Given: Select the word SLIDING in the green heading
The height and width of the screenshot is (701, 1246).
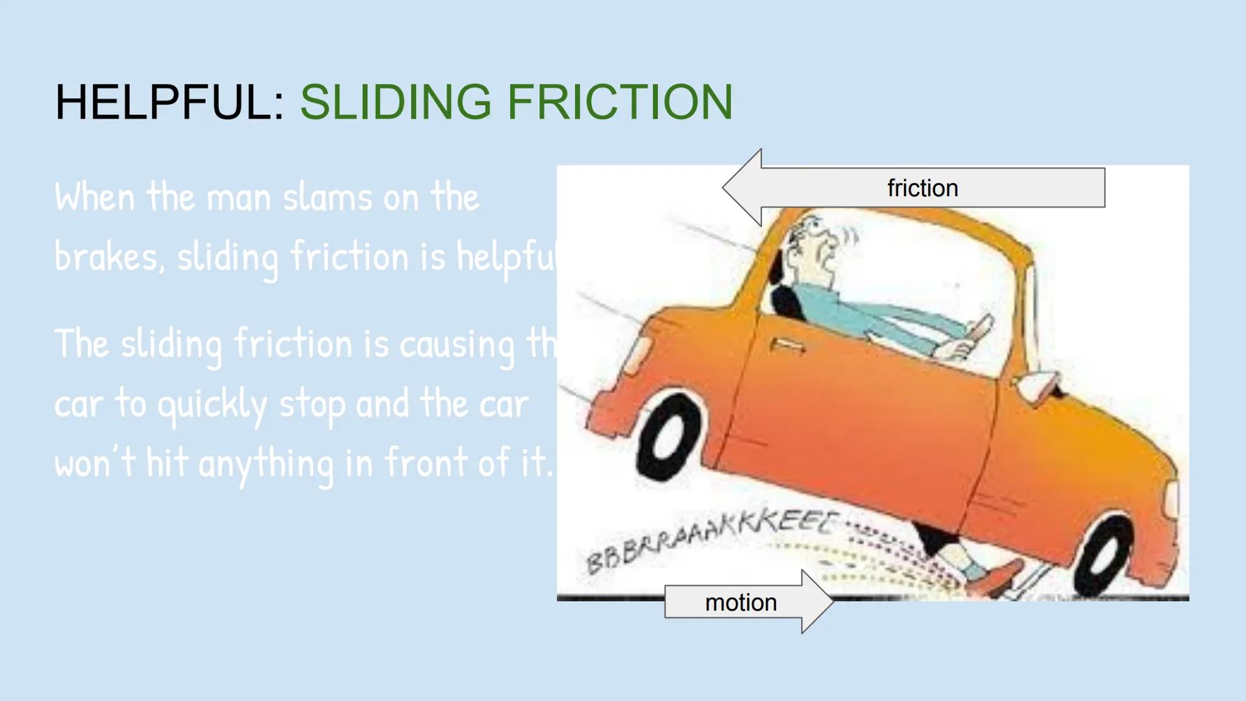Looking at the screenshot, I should (x=395, y=103).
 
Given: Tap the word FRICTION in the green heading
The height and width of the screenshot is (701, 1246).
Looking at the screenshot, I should (x=619, y=103).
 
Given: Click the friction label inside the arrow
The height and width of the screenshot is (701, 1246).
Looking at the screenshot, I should (x=922, y=188).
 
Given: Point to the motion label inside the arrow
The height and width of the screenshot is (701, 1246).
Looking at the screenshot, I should (x=740, y=603).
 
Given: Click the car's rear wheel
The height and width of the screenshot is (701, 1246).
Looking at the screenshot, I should (x=668, y=436).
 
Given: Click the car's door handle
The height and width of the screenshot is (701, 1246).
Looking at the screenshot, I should (x=787, y=345).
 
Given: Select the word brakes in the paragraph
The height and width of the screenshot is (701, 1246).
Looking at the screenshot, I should (x=106, y=257).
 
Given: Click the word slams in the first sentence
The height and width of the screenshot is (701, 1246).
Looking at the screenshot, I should (x=328, y=197).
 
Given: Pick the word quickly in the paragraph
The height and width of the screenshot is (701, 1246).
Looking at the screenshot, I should (x=212, y=405).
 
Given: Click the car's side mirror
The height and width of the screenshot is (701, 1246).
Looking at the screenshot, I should (x=1037, y=384).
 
